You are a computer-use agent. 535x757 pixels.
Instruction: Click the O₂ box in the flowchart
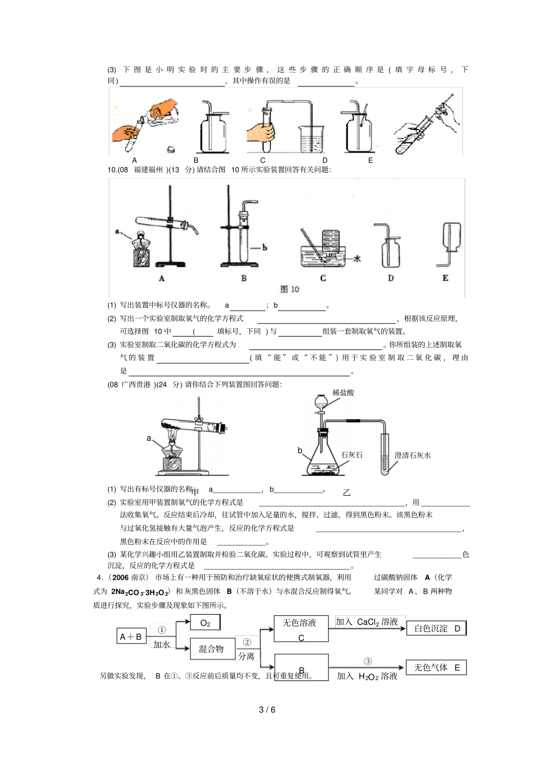(205, 622)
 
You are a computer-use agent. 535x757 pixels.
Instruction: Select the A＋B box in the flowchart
(131, 636)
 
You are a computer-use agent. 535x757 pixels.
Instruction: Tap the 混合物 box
(212, 649)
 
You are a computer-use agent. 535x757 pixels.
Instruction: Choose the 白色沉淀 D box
(436, 628)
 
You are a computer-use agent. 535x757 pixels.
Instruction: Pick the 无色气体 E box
(436, 668)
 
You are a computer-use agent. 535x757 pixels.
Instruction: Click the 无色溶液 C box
(301, 629)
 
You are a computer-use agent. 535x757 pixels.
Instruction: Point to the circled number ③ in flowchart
(367, 661)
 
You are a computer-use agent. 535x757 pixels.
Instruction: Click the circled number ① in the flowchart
(162, 630)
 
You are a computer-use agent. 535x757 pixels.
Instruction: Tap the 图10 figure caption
(289, 289)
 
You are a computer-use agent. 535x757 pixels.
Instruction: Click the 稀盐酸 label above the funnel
(343, 393)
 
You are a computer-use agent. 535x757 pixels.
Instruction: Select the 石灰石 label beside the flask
(352, 455)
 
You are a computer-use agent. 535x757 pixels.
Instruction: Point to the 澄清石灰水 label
(412, 455)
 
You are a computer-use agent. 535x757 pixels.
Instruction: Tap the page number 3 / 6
(267, 710)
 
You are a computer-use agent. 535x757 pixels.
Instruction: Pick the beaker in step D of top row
(311, 137)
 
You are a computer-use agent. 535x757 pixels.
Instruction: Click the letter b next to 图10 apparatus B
(265, 247)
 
